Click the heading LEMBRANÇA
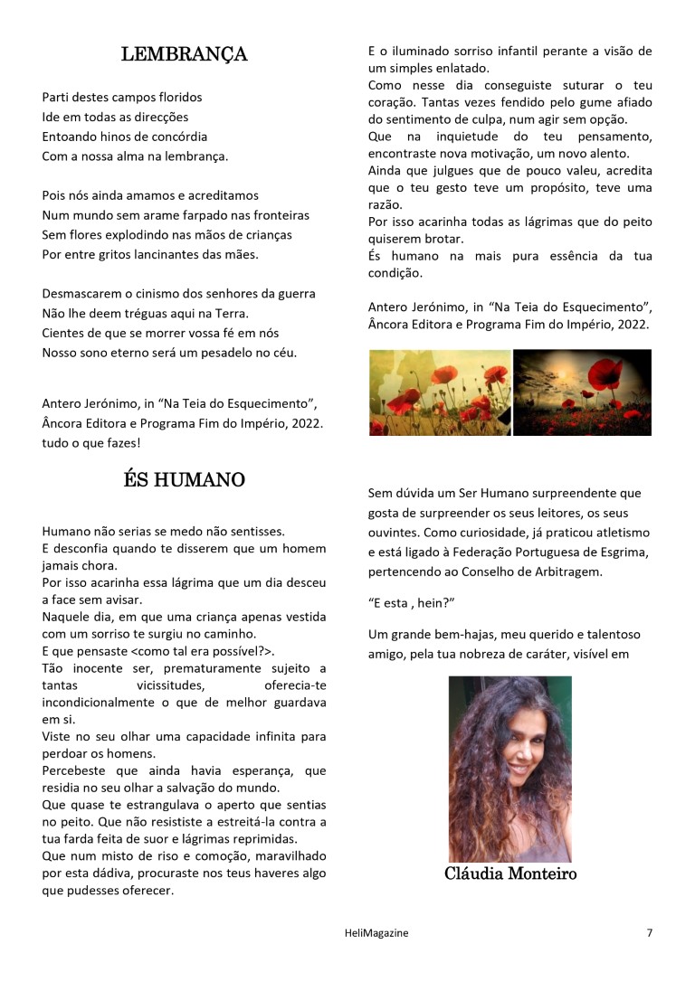point(184,54)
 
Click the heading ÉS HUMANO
point(184,479)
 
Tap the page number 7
point(649,933)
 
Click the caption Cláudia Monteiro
point(510,873)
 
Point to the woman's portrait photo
point(510,769)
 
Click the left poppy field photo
point(440,392)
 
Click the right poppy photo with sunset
point(583,392)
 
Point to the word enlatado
point(456,68)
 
